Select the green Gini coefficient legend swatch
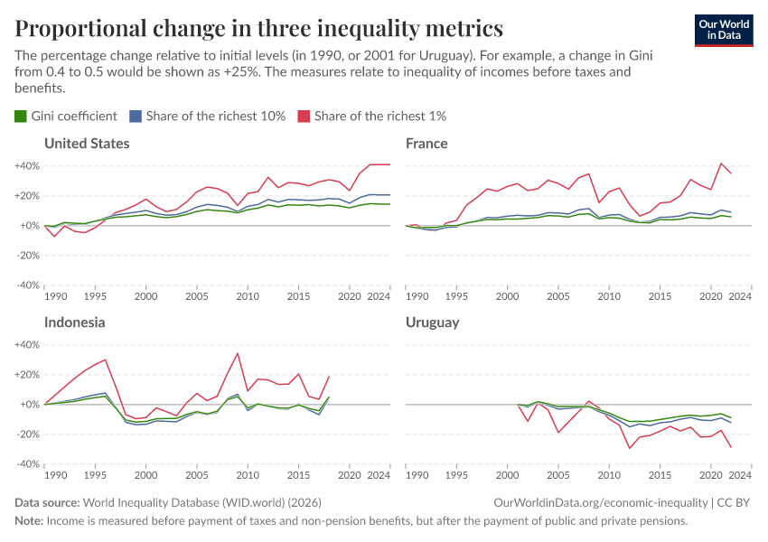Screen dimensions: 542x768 point(21,116)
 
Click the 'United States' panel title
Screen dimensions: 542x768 point(87,144)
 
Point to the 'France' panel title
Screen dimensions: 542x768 point(426,144)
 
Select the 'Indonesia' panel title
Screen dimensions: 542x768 point(74,322)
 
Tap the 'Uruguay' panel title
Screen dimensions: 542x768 point(433,322)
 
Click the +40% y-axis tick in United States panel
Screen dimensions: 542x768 point(26,166)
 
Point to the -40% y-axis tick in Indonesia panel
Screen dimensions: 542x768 point(26,464)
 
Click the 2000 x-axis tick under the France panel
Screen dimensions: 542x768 point(508,296)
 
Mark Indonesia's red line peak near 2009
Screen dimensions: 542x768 point(237,353)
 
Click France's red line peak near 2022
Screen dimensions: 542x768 point(721,164)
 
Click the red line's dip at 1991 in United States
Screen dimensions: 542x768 point(54,237)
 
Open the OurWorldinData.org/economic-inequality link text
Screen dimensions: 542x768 point(602,502)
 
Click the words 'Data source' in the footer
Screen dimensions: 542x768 point(47,502)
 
